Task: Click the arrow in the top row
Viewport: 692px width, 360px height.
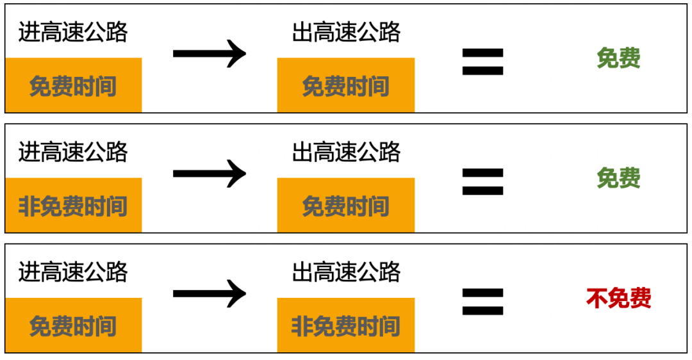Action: point(210,53)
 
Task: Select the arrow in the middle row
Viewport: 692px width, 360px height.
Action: point(210,173)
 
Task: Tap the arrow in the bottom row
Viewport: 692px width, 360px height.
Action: point(210,293)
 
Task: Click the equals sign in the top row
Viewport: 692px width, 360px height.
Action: point(482,61)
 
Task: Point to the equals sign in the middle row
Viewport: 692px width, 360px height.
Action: point(482,181)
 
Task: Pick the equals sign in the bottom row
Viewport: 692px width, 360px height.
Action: point(482,301)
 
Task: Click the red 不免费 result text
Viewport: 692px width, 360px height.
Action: point(618,298)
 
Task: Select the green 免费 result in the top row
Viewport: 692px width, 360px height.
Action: point(618,58)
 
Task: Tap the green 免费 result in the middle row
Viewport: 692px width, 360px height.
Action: point(618,178)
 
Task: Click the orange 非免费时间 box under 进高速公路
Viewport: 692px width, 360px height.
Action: point(73,206)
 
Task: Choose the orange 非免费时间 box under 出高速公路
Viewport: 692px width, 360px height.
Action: point(346,325)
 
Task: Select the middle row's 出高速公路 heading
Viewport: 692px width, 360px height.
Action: point(346,152)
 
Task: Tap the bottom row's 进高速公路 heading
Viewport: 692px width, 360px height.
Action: point(73,272)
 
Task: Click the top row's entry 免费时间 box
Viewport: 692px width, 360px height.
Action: point(73,85)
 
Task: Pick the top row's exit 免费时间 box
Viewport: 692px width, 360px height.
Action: point(346,85)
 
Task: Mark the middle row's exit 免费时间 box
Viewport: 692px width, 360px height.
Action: point(346,206)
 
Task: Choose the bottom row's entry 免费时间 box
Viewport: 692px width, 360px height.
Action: point(73,325)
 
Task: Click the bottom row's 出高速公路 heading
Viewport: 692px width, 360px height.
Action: point(346,272)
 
